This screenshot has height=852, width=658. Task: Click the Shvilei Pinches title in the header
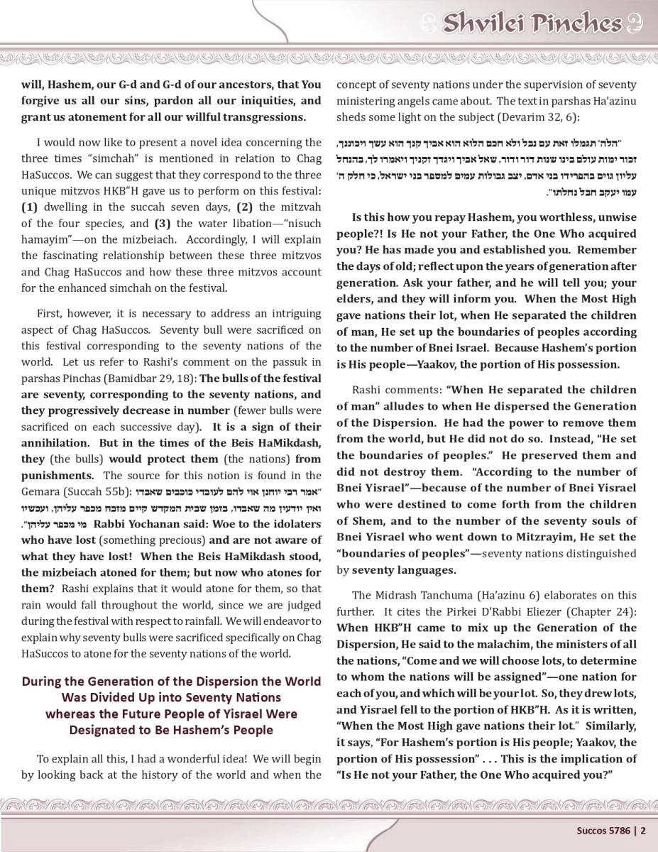click(532, 23)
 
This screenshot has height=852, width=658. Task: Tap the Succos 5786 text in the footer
click(601, 830)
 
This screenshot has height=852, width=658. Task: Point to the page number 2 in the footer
click(643, 830)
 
